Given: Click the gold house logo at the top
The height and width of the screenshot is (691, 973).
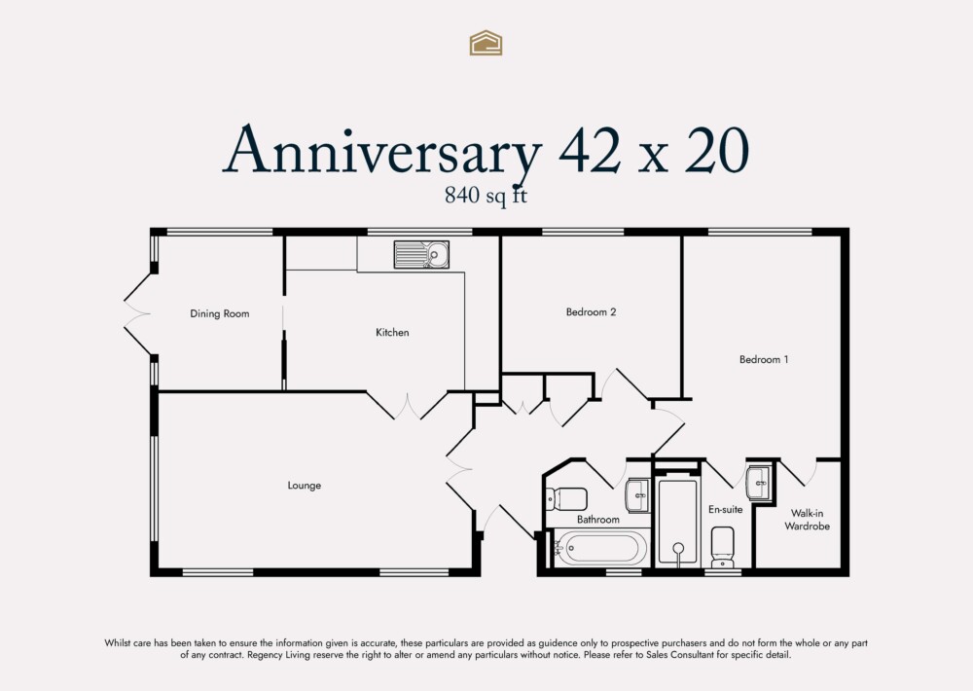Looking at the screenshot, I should click(486, 42).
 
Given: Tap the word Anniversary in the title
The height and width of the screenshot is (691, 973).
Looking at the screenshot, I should click(382, 151).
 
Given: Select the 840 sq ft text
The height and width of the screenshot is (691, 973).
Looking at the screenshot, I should click(486, 195).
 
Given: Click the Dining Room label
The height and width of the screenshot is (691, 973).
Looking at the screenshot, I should click(219, 313).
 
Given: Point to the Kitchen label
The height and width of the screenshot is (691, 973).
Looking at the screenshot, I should click(392, 333).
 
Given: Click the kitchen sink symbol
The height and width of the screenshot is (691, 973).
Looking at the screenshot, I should click(421, 255).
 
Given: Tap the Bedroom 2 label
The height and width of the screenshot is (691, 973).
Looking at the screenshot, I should click(591, 312).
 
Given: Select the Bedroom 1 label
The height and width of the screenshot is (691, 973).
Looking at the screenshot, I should click(763, 359).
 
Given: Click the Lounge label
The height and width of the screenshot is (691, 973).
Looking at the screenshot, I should click(304, 486).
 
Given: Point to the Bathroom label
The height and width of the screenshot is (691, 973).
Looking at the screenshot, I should click(597, 520).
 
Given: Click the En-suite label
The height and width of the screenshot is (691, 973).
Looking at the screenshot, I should click(725, 509).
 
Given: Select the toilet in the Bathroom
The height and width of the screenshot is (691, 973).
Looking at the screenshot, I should click(565, 498).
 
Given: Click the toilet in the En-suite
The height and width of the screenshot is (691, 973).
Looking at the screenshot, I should click(723, 546).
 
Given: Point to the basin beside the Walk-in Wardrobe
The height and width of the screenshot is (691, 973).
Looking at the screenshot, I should click(758, 482).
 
